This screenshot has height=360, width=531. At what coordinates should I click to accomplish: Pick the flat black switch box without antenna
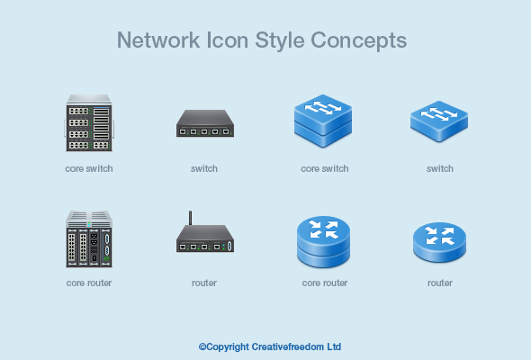(x=204, y=123)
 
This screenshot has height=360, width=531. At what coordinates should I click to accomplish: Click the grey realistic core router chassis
(x=89, y=238)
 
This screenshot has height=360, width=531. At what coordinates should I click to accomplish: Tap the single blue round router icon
(x=440, y=240)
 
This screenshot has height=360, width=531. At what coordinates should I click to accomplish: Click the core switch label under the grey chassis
(x=89, y=168)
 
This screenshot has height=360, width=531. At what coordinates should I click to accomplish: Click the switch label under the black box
(x=204, y=168)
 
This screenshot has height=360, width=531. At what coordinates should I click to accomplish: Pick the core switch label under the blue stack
(x=325, y=168)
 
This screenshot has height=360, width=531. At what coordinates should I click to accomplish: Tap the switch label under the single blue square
(x=440, y=168)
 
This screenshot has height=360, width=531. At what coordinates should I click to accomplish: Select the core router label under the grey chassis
(x=89, y=283)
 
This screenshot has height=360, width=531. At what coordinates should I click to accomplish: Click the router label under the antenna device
(x=204, y=283)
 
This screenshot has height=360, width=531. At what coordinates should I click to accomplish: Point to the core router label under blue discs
(x=325, y=283)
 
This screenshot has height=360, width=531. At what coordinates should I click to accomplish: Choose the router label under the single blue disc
(x=440, y=283)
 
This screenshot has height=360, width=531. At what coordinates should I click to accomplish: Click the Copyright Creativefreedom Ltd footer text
(x=270, y=346)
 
